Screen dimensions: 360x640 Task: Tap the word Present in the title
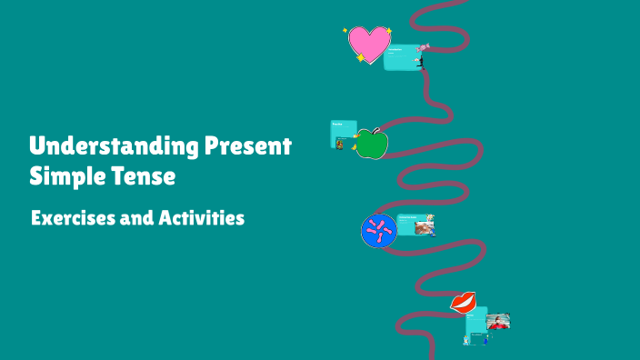(247, 146)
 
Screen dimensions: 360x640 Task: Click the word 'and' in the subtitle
(132, 218)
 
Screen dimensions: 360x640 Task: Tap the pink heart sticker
(368, 43)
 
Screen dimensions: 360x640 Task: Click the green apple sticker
(371, 144)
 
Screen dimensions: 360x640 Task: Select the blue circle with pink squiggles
(376, 231)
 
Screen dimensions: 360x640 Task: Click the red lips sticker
(464, 302)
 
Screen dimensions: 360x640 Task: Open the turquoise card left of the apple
(342, 131)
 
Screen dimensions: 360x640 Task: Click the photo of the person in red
(498, 322)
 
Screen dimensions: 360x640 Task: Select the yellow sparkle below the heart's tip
(361, 58)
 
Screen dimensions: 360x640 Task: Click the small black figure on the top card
(420, 62)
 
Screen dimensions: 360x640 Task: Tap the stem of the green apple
(375, 131)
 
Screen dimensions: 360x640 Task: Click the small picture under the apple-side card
(340, 143)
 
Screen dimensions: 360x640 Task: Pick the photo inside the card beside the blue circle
(425, 225)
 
